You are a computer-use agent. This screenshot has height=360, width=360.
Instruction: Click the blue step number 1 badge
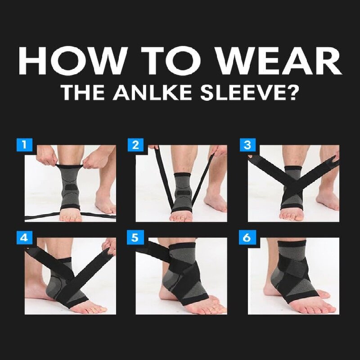[x=24, y=145]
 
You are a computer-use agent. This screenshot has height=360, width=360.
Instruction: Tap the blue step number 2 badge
[x=135, y=145]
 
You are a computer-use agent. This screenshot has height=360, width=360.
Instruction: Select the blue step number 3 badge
[x=247, y=145]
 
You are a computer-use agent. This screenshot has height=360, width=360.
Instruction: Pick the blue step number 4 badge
[x=24, y=238]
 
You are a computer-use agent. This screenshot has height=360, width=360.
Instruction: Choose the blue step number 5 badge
[x=135, y=238]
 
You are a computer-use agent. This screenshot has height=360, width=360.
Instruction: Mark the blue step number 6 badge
[x=247, y=238]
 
